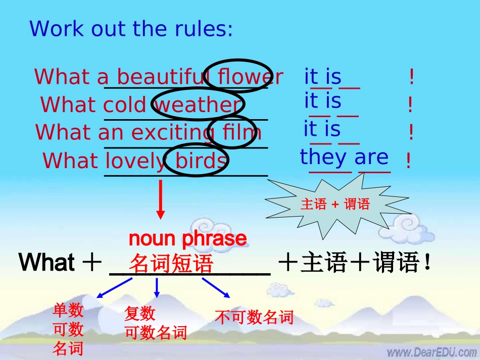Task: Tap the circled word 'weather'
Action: point(198,105)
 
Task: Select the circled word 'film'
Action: point(242,132)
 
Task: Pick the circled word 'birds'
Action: point(201,161)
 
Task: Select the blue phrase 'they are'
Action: point(345,158)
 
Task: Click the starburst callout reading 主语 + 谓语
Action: point(335,204)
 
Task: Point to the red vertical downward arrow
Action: point(161,199)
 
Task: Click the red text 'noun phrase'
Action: point(188,238)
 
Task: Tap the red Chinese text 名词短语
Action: point(171,264)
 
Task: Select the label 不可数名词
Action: point(254,317)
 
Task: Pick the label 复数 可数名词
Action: point(155,324)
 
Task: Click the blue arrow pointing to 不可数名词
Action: point(217,288)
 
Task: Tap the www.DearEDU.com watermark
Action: point(431,351)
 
